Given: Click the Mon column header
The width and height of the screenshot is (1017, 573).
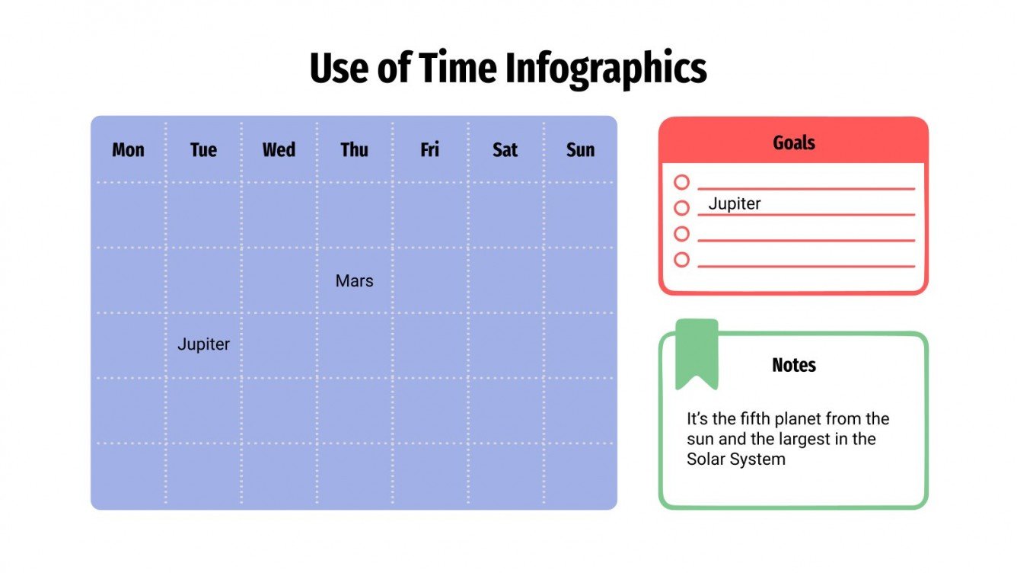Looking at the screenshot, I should (x=128, y=150).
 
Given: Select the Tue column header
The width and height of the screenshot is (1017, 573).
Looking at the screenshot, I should (x=203, y=150).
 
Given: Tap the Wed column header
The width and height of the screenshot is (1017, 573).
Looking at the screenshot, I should (x=279, y=150).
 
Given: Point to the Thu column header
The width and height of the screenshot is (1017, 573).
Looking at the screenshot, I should (x=354, y=150).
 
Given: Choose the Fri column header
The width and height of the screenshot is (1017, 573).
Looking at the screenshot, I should (x=429, y=150).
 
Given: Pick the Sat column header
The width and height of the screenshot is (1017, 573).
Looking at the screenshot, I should (x=505, y=150).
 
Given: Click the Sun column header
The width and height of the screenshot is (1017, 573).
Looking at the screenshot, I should (x=580, y=150).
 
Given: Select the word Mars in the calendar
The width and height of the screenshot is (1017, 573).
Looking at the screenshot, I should (x=354, y=281).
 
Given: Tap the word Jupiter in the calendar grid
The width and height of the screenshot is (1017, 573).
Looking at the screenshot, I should (x=203, y=344).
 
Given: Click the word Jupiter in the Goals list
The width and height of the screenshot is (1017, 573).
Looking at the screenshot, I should (x=734, y=204).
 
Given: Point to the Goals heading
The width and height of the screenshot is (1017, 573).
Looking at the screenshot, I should (x=793, y=142).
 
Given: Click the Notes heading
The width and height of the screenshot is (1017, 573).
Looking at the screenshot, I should (x=793, y=366).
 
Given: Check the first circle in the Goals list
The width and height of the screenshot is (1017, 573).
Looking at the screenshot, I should (x=681, y=183).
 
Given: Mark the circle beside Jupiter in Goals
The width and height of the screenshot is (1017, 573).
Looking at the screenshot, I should (x=681, y=208).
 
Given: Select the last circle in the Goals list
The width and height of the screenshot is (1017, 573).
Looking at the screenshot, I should (x=681, y=260).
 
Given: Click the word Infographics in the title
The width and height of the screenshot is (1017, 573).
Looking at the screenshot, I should (x=606, y=69).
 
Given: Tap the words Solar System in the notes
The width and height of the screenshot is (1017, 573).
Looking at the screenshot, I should (x=735, y=459).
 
